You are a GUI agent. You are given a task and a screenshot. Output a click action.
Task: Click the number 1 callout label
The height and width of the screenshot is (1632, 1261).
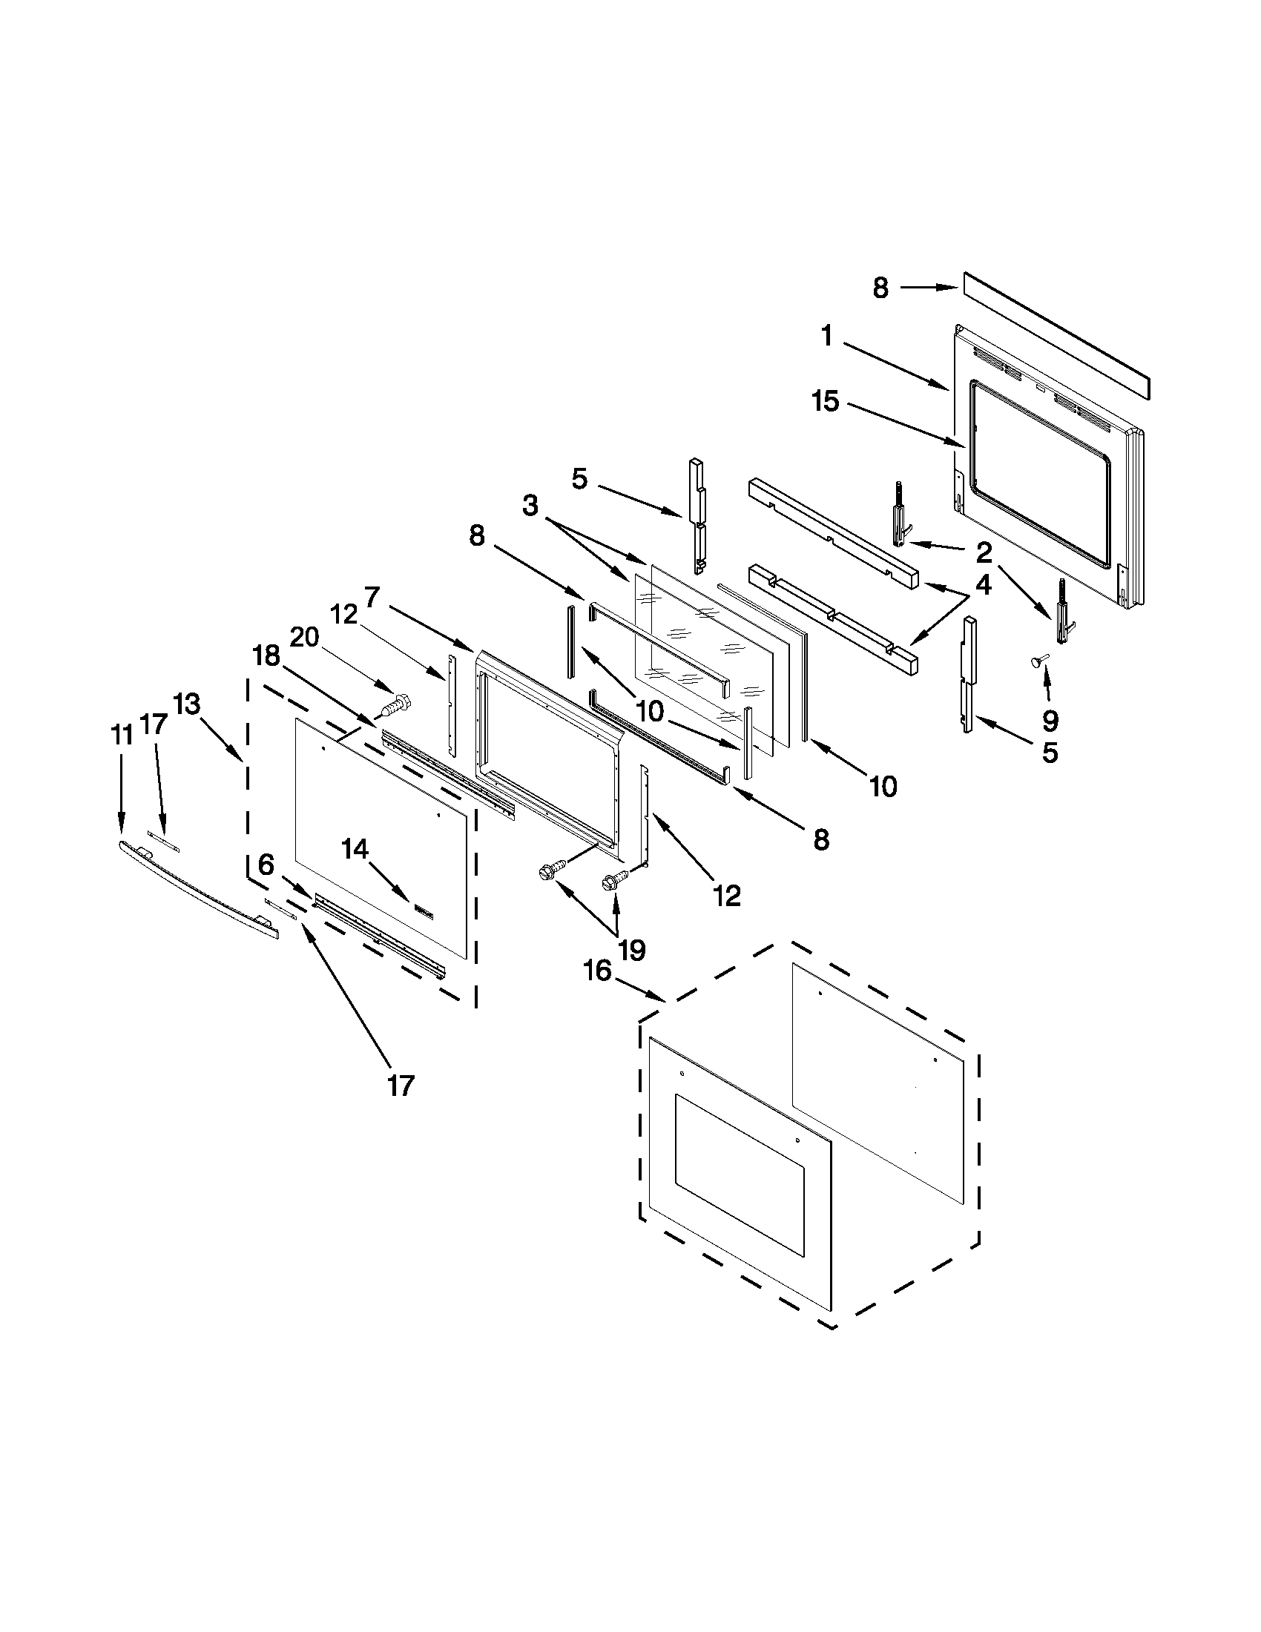click(826, 337)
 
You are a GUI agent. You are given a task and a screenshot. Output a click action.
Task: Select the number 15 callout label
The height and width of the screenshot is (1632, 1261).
click(826, 402)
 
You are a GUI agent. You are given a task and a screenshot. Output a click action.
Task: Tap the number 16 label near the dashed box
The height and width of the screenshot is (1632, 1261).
click(597, 971)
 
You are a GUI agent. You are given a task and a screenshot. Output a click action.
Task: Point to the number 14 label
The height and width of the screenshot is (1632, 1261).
click(355, 849)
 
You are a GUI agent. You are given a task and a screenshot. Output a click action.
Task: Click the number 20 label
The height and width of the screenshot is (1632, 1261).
click(304, 637)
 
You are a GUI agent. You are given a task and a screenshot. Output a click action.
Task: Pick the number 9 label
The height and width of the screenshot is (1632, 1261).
click(1050, 721)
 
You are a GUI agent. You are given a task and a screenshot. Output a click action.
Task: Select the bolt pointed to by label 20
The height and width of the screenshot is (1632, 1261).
click(396, 704)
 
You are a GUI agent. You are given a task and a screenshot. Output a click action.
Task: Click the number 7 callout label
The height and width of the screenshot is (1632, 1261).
click(372, 597)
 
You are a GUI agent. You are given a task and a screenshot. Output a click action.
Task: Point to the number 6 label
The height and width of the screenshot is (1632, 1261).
click(266, 865)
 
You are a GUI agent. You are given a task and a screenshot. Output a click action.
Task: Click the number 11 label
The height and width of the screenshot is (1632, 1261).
click(122, 736)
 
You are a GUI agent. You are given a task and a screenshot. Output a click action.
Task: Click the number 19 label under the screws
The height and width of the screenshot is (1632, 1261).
click(631, 950)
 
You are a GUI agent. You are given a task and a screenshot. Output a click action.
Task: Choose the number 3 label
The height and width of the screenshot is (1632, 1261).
click(530, 506)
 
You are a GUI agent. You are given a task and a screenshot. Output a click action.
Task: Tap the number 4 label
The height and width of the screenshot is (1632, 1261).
click(984, 585)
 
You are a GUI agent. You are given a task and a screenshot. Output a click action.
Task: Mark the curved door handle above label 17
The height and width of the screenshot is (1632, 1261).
click(198, 889)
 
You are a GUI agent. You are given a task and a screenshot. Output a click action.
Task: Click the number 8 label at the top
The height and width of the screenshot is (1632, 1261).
click(880, 288)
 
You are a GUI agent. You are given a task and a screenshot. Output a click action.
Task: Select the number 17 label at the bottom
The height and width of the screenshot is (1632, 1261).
click(400, 1085)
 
